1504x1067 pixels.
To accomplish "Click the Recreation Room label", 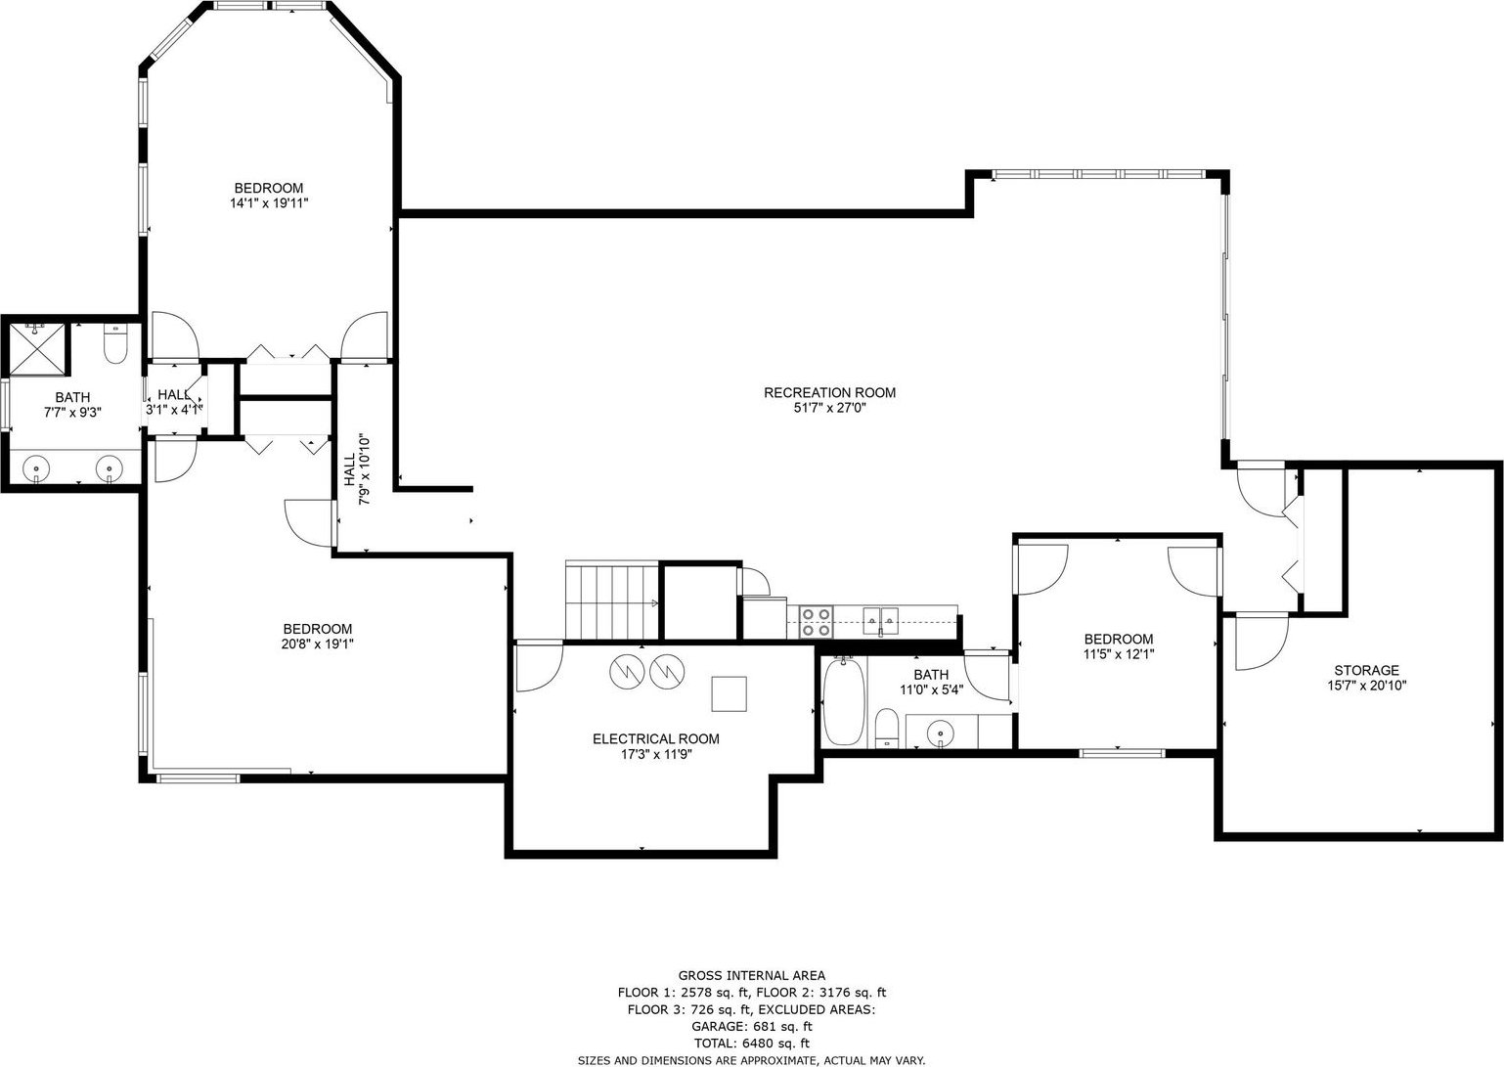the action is (829, 392).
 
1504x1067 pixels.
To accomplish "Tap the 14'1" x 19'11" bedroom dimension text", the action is (269, 202).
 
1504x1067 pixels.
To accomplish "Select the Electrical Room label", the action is (655, 738).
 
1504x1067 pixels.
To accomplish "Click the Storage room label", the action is (1366, 670).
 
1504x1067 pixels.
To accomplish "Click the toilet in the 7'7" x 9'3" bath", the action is (116, 344).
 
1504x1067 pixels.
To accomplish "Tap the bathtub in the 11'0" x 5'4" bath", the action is (843, 700).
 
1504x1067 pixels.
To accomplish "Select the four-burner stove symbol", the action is (816, 622).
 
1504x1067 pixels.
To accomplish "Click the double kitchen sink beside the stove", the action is (880, 620).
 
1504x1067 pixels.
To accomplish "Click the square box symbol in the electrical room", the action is (729, 693).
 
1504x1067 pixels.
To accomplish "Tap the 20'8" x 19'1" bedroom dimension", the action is (318, 644).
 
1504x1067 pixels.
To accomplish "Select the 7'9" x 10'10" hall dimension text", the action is (364, 470).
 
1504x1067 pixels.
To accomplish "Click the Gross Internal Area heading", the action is (752, 976).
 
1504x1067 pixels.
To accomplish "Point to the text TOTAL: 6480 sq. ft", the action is (752, 1044).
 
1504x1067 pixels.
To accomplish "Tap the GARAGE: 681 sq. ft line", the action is (752, 1027).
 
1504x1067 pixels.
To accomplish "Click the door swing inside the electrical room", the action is (539, 667).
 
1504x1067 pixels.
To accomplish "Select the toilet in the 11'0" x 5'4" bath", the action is (887, 728).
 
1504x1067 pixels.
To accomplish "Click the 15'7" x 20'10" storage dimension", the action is (1366, 686).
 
